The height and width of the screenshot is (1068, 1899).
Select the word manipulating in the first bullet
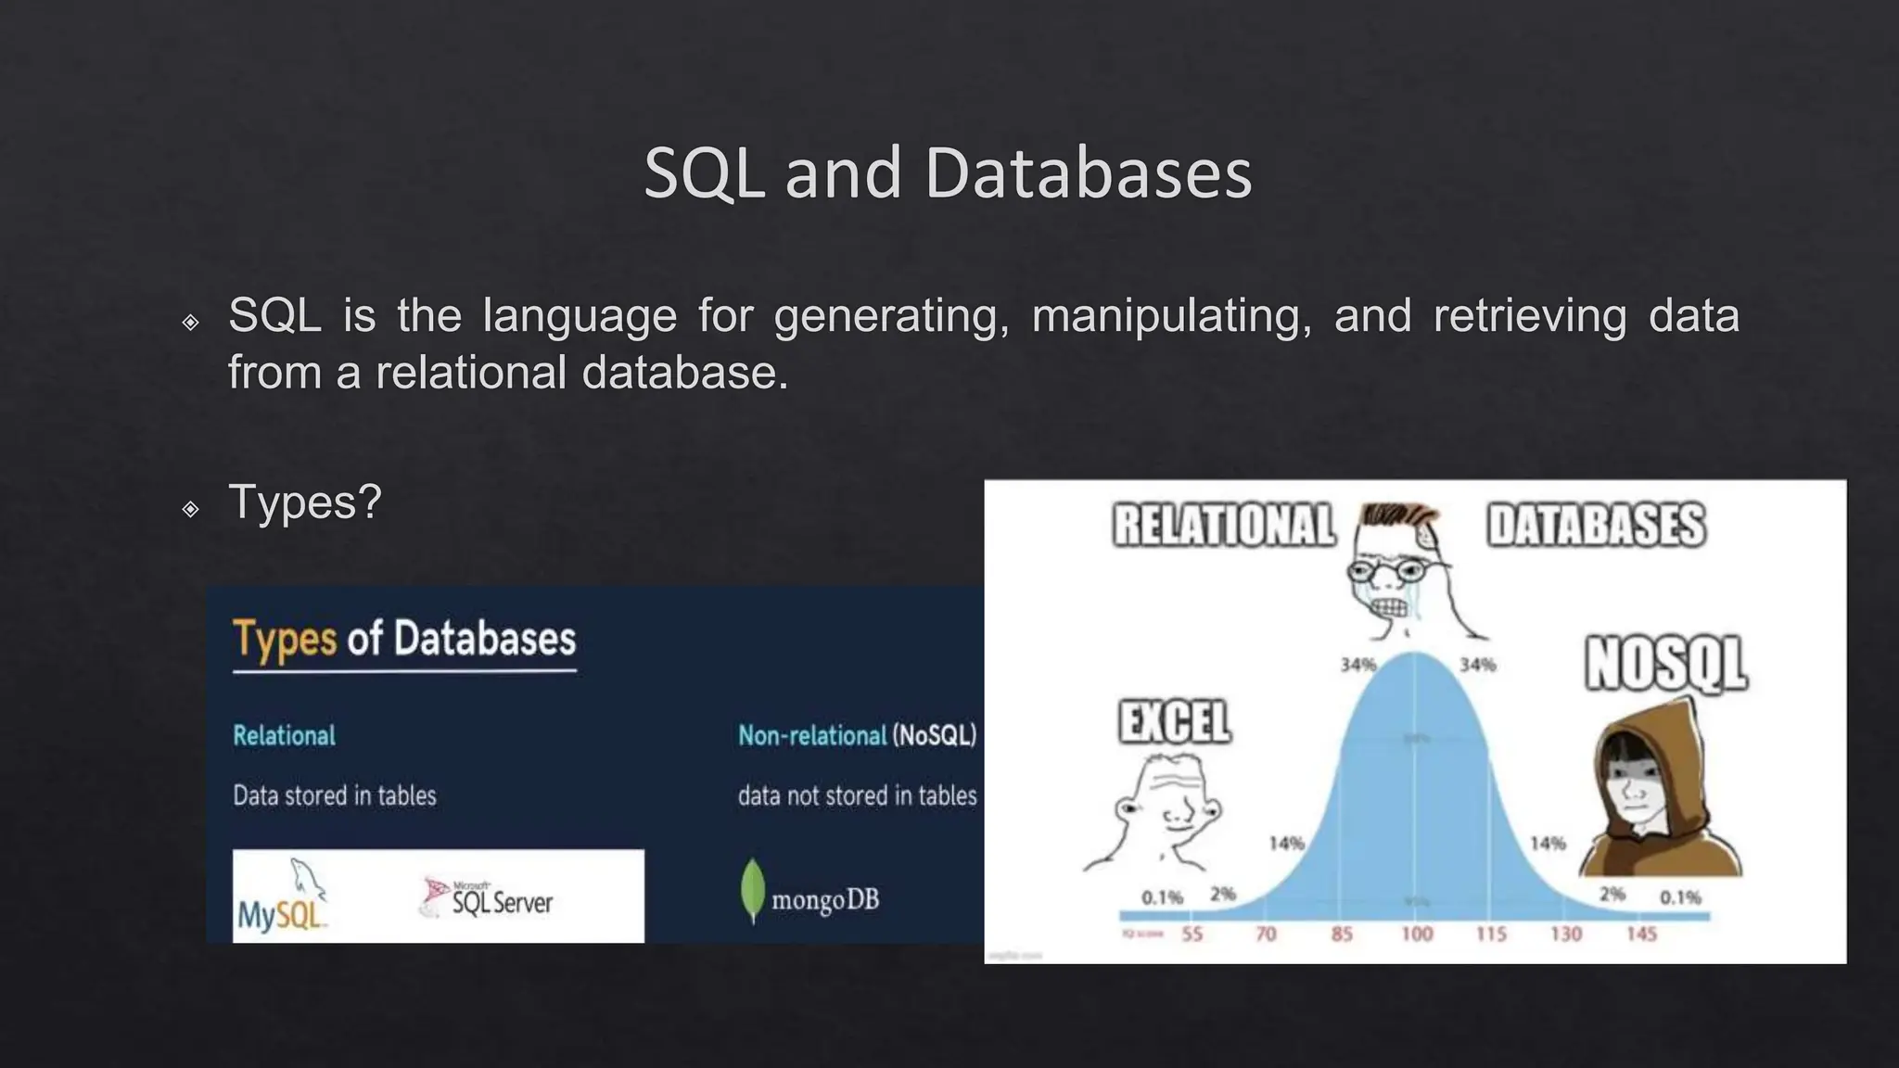coord(1171,316)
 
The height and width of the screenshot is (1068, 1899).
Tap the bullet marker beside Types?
coord(190,509)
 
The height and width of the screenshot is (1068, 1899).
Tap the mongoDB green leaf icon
coord(752,892)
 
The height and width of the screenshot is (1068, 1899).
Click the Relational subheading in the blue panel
coord(284,736)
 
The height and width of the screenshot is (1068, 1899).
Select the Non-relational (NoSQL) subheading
coord(857,736)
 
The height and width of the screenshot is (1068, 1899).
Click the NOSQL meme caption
coord(1665,664)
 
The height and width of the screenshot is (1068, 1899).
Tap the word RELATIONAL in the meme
coord(1224,525)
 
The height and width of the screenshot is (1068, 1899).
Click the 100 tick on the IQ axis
coord(1416,934)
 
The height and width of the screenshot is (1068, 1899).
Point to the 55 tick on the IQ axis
coord(1192,934)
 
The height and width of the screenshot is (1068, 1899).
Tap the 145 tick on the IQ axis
coord(1640,934)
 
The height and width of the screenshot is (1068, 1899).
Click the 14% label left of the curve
coord(1286,844)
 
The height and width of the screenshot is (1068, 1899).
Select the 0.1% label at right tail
coord(1680,897)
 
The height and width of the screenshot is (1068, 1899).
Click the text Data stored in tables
coord(334,795)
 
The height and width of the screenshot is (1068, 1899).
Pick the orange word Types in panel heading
coord(284,640)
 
